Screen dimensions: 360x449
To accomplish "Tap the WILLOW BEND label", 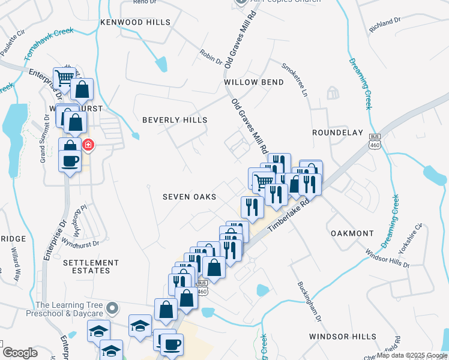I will (x=253, y=82).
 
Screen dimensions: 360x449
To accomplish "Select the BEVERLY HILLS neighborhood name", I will (x=175, y=120).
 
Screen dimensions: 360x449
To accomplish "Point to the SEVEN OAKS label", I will (x=189, y=197).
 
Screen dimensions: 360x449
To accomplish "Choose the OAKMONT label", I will (x=352, y=233).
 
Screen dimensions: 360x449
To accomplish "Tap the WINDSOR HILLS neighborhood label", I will (x=343, y=337).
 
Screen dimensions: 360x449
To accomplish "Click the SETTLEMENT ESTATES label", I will (x=91, y=266).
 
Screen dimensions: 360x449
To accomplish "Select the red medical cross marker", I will (x=88, y=145).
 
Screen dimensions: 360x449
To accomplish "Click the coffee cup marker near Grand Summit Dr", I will (x=70, y=161).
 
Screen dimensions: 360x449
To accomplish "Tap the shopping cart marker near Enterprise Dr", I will (x=64, y=77).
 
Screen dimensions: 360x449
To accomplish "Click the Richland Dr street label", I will (x=385, y=23).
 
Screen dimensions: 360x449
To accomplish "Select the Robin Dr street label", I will (x=211, y=57).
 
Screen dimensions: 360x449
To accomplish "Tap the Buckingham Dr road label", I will (x=309, y=301).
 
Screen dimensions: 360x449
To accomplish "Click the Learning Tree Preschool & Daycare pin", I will (x=111, y=309).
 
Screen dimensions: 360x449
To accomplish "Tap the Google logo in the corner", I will (x=20, y=353).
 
